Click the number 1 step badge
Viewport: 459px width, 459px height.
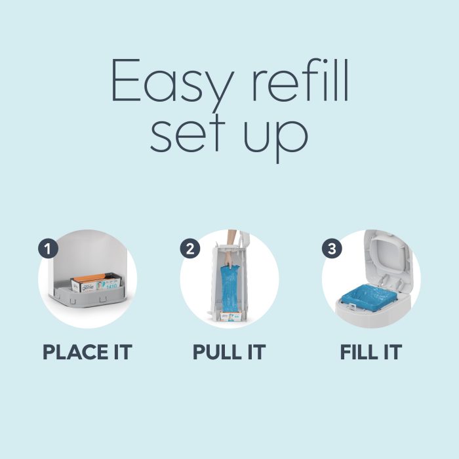[48, 249]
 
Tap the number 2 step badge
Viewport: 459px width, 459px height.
[189, 249]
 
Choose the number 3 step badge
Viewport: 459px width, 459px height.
[330, 249]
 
